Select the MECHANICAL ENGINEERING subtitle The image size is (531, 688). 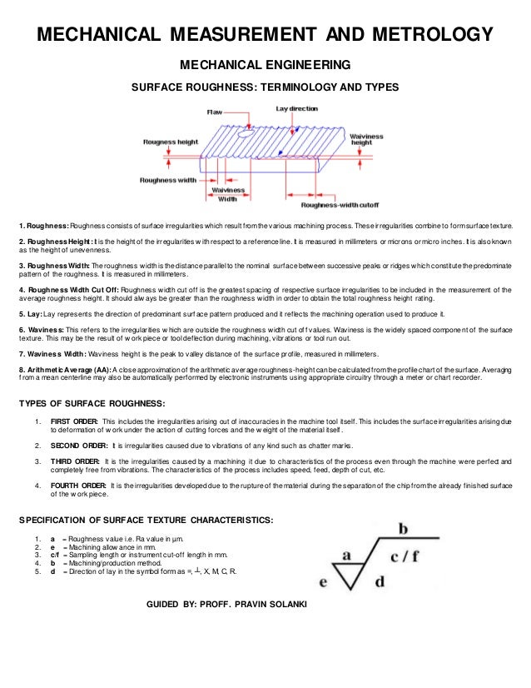(265, 65)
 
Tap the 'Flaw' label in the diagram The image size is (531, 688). (214, 112)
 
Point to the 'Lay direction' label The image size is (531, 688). (296, 108)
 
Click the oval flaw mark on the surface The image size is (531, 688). (246, 132)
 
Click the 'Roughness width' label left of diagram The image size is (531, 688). (167, 179)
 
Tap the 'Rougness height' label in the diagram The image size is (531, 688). (170, 142)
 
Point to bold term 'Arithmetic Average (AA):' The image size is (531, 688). (64, 367)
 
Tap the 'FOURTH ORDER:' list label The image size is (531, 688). (76, 486)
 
